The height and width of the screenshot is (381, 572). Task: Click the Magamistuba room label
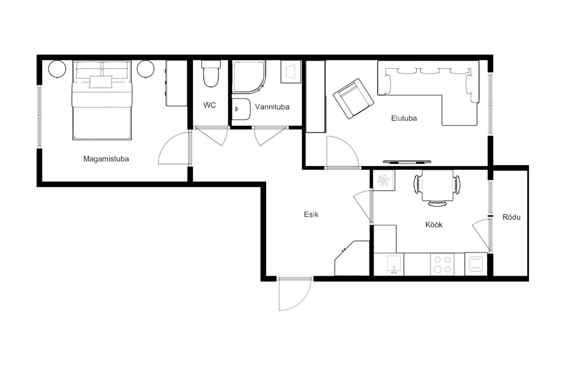pyautogui.click(x=106, y=159)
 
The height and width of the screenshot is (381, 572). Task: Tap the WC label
pyautogui.click(x=209, y=105)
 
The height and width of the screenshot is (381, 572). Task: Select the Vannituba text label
pyautogui.click(x=272, y=107)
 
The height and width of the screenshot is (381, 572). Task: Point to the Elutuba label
pyautogui.click(x=404, y=118)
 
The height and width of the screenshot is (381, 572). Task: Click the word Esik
pyautogui.click(x=311, y=214)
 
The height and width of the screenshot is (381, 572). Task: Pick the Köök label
pyautogui.click(x=434, y=225)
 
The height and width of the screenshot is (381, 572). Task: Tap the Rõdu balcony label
pyautogui.click(x=511, y=217)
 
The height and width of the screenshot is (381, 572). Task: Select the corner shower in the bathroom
pyautogui.click(x=249, y=77)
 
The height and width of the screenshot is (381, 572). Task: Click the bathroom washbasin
pyautogui.click(x=241, y=109)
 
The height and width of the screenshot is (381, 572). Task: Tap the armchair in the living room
pyautogui.click(x=354, y=99)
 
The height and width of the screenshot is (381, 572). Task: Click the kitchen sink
pyautogui.click(x=394, y=264)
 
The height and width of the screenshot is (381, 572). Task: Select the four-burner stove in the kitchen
pyautogui.click(x=442, y=264)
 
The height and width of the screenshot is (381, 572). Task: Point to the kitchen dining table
pyautogui.click(x=438, y=186)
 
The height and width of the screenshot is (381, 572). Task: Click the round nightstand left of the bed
pyautogui.click(x=57, y=69)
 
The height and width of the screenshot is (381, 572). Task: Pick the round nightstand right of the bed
pyautogui.click(x=145, y=69)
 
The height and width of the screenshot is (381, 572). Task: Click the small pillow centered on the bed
pyautogui.click(x=101, y=82)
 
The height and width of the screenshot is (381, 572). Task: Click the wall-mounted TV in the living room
pyautogui.click(x=407, y=162)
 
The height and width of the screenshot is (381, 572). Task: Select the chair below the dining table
pyautogui.click(x=437, y=203)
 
